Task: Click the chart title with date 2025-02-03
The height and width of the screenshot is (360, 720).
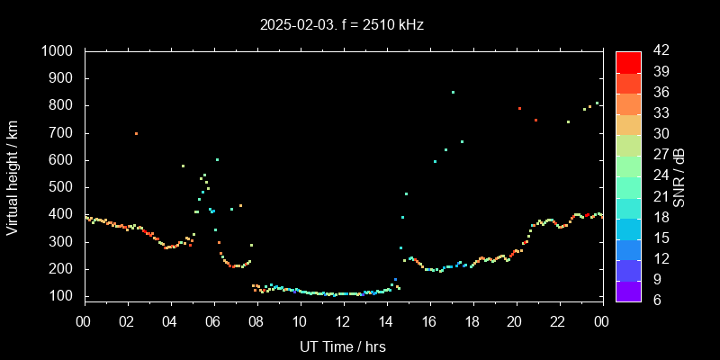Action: click(x=340, y=25)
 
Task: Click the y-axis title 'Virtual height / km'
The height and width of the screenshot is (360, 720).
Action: click(x=13, y=176)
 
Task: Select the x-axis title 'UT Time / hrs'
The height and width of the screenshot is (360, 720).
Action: click(x=343, y=346)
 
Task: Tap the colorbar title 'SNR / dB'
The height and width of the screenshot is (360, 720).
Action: click(x=679, y=176)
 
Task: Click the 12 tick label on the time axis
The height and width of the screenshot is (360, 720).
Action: click(x=343, y=321)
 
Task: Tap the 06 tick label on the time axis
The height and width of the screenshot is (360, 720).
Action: click(x=213, y=321)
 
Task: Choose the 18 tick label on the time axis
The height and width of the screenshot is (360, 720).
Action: click(x=472, y=321)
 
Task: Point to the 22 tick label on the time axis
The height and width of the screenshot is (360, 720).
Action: click(x=558, y=321)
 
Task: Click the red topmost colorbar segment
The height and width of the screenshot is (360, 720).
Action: click(x=628, y=61)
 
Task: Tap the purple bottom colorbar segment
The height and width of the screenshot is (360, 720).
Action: click(x=628, y=290)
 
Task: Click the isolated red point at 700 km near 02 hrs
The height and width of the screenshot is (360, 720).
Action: click(x=136, y=133)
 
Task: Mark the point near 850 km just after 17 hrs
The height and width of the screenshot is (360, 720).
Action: click(x=453, y=92)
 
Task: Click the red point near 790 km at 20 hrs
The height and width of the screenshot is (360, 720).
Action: click(x=519, y=108)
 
